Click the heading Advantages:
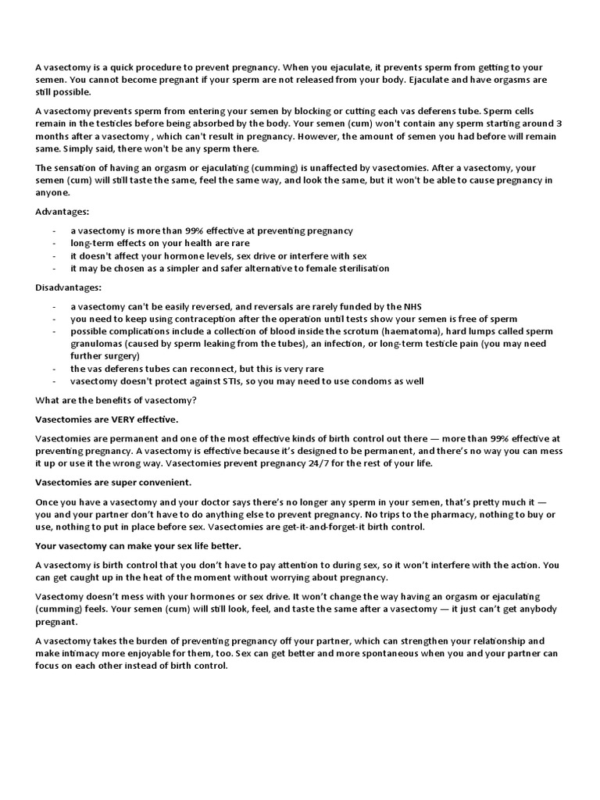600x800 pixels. (x=62, y=212)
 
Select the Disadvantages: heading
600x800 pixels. (x=69, y=287)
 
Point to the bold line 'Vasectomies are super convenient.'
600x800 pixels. (x=113, y=483)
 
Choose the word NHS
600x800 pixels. (x=412, y=306)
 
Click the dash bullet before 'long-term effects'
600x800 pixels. (x=53, y=244)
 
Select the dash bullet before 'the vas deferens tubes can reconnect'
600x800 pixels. (x=53, y=369)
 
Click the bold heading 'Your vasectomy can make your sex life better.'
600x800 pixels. (x=138, y=545)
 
